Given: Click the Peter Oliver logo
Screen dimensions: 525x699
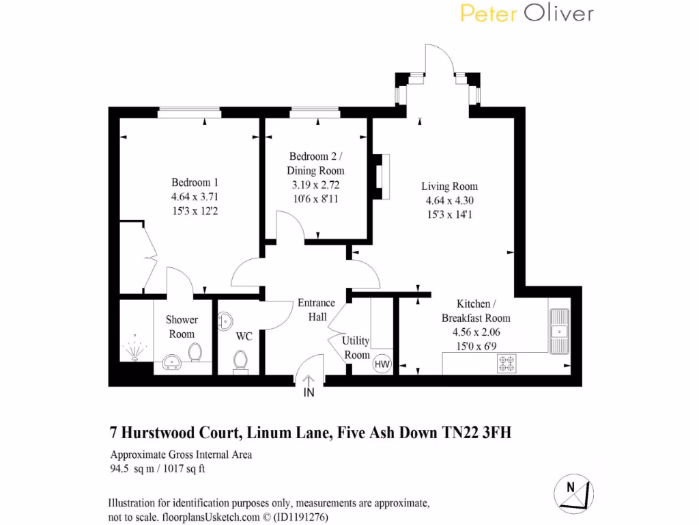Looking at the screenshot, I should [x=526, y=14].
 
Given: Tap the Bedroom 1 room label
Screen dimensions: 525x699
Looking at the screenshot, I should [x=195, y=183].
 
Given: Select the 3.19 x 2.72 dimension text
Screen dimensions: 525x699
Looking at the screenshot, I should [x=315, y=185].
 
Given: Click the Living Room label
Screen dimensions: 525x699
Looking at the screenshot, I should [x=449, y=186].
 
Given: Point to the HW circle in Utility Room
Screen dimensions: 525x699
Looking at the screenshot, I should [x=382, y=365].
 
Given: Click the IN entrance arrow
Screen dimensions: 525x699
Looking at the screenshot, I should [x=308, y=383].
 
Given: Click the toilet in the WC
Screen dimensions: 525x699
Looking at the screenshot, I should [x=240, y=360].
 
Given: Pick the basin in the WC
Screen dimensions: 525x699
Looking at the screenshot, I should [x=225, y=321].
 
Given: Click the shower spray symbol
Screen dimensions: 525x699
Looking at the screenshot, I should [x=134, y=349].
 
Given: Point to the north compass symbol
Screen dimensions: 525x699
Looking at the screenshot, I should [x=573, y=492].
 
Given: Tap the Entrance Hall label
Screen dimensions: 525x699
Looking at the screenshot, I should [x=316, y=310].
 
